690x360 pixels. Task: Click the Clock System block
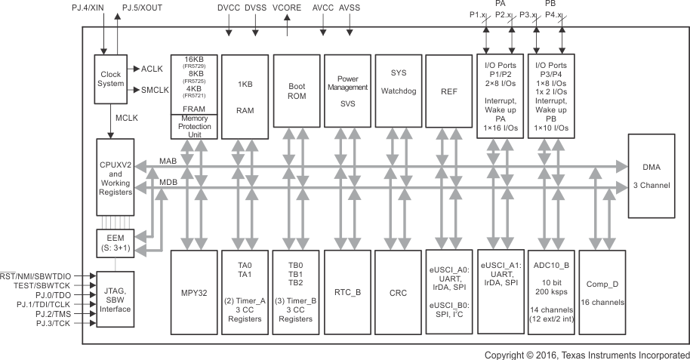(x=110, y=78)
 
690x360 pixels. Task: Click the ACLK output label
(x=152, y=69)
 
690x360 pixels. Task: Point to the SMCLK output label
(x=155, y=89)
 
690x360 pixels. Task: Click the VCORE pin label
(x=288, y=8)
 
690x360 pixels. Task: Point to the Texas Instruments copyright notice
(x=586, y=354)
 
